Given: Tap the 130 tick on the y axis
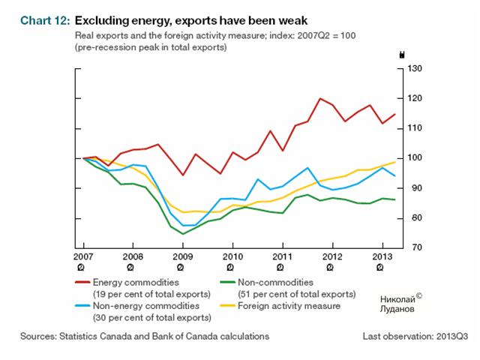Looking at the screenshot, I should coord(415,68).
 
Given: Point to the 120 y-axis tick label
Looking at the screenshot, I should coord(415,98).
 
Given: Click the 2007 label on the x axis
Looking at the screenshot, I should coord(82,258).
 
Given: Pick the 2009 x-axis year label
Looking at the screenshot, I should coord(182,258).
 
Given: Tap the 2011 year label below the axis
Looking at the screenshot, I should coord(282,258).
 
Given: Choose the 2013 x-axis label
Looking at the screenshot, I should coord(382,258).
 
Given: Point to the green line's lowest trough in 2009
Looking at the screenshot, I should coord(182,234).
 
